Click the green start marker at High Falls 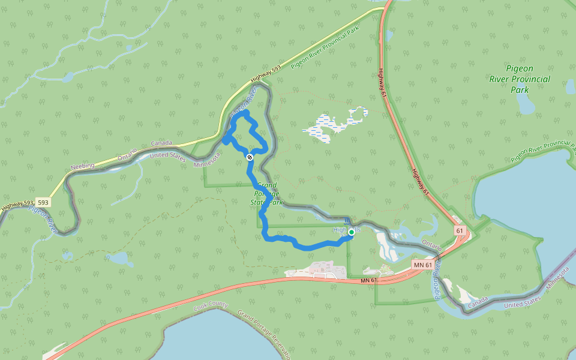click(x=351, y=232)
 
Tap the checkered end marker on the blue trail click(x=250, y=157)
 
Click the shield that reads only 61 click(x=460, y=230)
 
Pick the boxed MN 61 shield click(x=423, y=265)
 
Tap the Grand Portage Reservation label click(x=264, y=332)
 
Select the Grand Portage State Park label click(x=266, y=194)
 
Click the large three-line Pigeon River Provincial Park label click(x=519, y=79)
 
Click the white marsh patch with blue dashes click(x=335, y=125)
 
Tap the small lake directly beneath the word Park click(x=526, y=105)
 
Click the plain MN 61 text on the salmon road click(x=370, y=281)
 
